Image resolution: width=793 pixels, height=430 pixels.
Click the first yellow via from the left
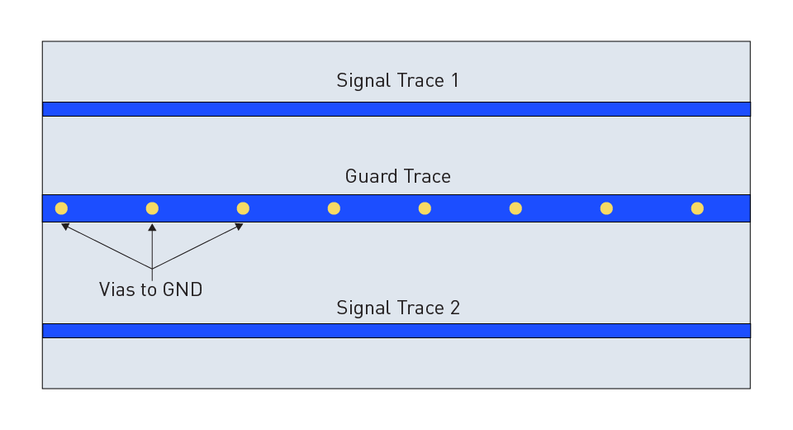pos(61,208)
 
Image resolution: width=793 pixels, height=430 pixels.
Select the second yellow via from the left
pos(152,208)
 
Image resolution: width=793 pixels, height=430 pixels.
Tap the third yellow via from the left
pos(243,208)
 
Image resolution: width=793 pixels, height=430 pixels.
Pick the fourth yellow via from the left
pos(334,208)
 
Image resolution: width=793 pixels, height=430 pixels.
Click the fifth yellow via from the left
pos(425,208)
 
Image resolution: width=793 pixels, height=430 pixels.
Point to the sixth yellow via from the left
pos(515,208)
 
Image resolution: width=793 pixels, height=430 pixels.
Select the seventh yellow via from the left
pos(606,208)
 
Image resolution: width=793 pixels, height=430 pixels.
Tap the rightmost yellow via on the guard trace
pos(697,208)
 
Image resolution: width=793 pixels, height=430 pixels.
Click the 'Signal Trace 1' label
pos(397,81)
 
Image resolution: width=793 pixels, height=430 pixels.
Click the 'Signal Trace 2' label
pos(397,308)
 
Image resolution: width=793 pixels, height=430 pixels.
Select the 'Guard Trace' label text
pos(397,177)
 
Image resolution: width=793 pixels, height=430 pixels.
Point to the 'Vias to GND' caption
pos(150,289)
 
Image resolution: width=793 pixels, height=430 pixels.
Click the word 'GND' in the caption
pos(183,289)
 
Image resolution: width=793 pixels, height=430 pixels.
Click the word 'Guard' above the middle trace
pos(369,177)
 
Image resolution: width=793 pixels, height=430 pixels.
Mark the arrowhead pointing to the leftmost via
pos(65,225)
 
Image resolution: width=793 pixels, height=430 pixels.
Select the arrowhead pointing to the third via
pos(239,225)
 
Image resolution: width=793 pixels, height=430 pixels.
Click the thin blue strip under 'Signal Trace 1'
pos(396,109)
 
